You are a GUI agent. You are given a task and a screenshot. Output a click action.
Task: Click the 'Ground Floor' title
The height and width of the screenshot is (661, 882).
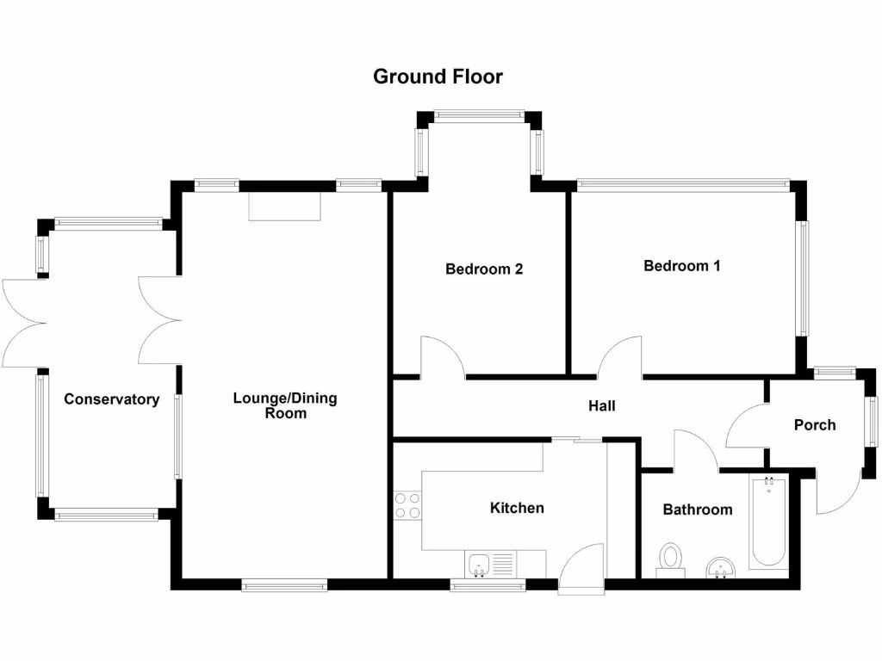tap(438, 77)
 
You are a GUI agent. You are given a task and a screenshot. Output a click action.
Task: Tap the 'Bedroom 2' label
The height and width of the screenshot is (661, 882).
tap(484, 269)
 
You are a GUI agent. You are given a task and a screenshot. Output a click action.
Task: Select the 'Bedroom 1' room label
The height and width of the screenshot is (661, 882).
tap(682, 266)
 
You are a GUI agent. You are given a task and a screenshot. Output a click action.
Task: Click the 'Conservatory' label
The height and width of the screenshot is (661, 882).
tap(112, 399)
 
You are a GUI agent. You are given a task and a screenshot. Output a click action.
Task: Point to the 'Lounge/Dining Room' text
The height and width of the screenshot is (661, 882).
tap(285, 405)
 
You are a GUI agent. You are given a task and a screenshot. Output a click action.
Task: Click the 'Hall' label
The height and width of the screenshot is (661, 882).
tap(602, 405)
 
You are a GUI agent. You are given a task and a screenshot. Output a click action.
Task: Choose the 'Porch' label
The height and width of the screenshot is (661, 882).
tap(815, 424)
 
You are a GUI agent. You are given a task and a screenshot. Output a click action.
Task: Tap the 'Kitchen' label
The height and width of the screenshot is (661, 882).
tap(517, 508)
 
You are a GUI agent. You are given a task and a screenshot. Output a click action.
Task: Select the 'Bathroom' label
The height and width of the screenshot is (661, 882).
tap(698, 510)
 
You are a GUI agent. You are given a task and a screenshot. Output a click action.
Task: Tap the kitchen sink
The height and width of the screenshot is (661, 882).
tap(480, 565)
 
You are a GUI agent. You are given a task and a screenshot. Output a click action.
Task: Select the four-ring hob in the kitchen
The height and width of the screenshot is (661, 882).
tap(407, 505)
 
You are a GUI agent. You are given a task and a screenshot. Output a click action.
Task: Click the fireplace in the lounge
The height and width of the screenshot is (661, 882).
tap(284, 207)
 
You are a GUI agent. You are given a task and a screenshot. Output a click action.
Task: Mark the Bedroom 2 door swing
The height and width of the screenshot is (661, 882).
tap(441, 358)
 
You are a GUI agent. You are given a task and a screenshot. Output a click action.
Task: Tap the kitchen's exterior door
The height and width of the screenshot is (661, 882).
tap(581, 569)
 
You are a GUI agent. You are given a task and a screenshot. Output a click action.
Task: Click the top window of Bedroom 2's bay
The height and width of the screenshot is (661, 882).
tap(479, 114)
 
